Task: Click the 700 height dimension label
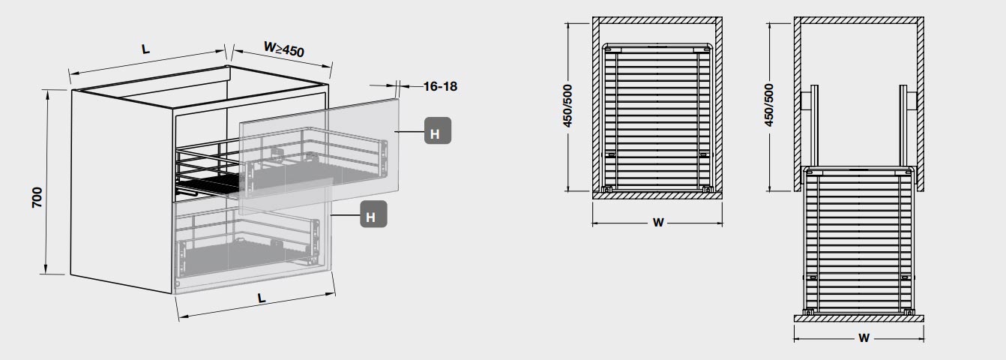37,196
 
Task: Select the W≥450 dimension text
283,51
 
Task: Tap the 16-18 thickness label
440,86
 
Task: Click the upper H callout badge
437,132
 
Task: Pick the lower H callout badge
373,216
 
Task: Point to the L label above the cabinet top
146,49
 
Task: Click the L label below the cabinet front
262,298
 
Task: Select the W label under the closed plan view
657,223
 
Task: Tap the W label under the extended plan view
863,338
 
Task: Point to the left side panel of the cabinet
120,187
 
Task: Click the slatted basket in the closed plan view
657,116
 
